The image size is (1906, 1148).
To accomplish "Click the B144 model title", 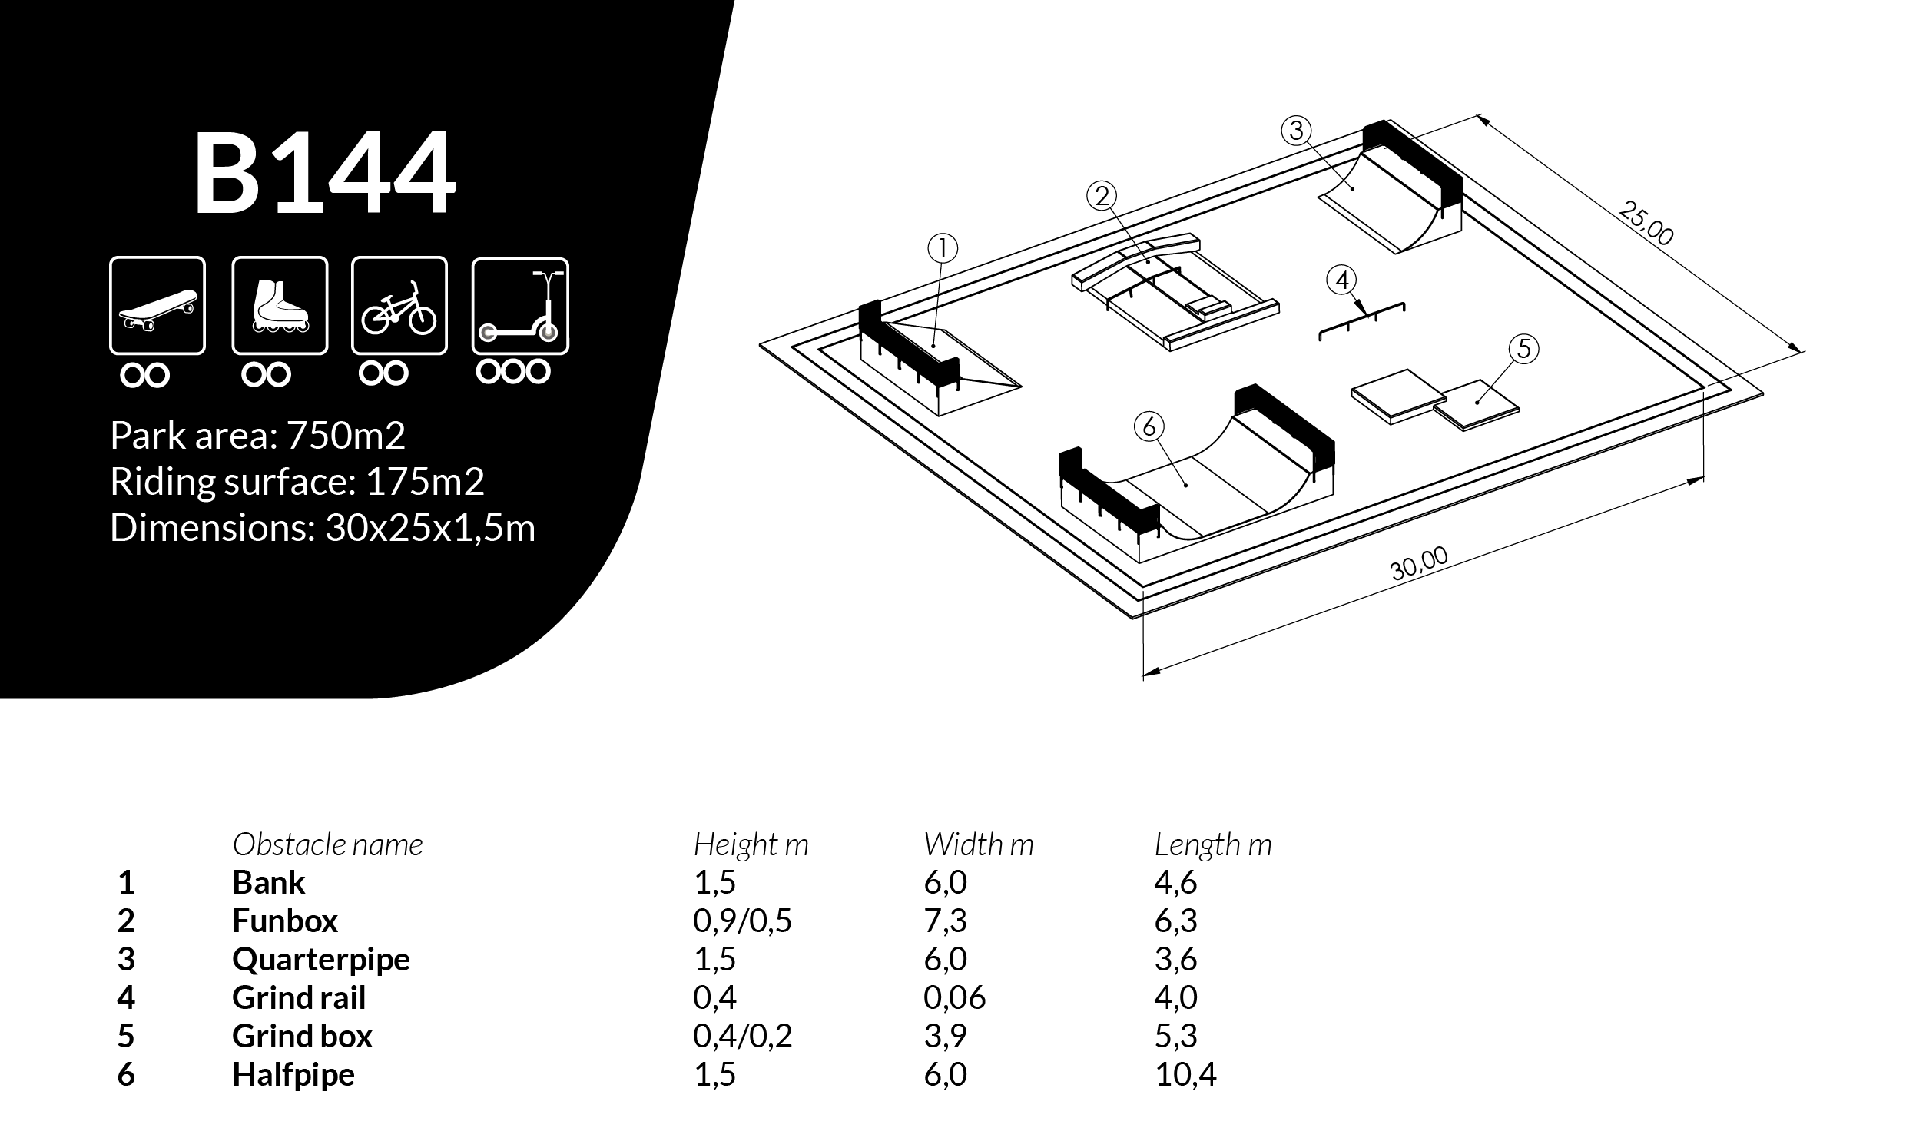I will point(324,174).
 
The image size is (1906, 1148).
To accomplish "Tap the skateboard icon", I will point(157,306).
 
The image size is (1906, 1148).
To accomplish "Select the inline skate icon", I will point(279,306).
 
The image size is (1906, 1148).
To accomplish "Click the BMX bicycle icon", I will point(399,306).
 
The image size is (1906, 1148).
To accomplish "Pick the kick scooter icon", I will point(519,307).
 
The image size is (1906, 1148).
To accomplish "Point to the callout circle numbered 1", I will point(943,248).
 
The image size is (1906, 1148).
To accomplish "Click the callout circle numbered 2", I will point(1101,196).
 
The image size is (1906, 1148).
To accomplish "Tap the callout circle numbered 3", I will point(1296,130).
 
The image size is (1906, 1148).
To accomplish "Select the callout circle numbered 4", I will point(1341,280).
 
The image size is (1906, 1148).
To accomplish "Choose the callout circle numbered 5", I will point(1523,349).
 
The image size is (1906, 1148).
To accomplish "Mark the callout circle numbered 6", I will point(1149,426).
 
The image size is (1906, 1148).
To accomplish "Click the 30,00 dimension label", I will point(1418,564).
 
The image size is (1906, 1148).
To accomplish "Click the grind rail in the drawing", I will point(1361,320).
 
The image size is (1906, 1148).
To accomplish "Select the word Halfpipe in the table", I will point(293,1074).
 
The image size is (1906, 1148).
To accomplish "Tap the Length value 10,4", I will point(1185,1074).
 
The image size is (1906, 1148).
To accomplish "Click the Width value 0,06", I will point(954,998).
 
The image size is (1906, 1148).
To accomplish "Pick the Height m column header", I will point(750,844).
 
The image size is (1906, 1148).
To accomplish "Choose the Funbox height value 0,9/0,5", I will point(741,921).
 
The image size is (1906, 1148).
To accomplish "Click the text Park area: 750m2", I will point(257,436).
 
